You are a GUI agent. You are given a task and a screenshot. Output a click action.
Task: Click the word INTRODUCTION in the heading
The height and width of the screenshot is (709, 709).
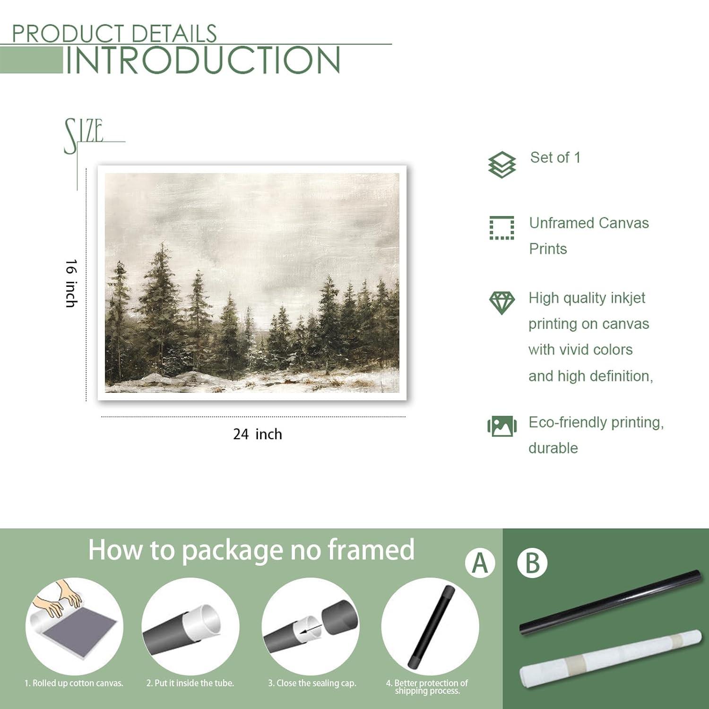click(x=202, y=60)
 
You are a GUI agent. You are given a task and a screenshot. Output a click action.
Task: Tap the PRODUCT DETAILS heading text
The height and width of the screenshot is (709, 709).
click(x=114, y=34)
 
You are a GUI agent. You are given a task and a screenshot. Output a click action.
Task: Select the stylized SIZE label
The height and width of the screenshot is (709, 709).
click(x=84, y=134)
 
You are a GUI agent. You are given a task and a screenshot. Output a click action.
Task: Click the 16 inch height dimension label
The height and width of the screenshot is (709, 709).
click(x=71, y=283)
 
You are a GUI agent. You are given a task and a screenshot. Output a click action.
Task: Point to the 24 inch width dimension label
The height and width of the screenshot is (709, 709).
click(x=257, y=434)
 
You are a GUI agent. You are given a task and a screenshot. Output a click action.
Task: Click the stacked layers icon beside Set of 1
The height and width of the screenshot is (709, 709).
click(x=501, y=165)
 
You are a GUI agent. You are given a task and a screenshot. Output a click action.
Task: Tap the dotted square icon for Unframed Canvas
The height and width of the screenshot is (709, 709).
click(x=501, y=228)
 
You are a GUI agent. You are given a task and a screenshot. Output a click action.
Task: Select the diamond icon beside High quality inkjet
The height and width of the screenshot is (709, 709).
click(x=501, y=303)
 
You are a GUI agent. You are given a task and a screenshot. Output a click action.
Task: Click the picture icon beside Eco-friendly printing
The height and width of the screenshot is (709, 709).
click(x=501, y=426)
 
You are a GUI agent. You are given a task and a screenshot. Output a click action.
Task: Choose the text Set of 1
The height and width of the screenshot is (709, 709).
click(x=555, y=157)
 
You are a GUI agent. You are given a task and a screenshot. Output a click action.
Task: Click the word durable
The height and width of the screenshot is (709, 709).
click(x=553, y=448)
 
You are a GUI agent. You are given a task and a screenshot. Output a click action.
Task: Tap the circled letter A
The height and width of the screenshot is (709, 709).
click(x=480, y=563)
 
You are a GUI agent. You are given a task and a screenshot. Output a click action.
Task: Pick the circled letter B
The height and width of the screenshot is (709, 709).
click(x=532, y=563)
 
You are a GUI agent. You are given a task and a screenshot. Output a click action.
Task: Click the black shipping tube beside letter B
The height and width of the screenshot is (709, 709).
click(x=610, y=603)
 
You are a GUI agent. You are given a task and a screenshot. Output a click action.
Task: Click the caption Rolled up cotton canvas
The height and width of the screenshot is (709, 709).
click(x=74, y=683)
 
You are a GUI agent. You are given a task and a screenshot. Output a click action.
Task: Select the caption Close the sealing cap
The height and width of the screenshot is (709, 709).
click(x=312, y=683)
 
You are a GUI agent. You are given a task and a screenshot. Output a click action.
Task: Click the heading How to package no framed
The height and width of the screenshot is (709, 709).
click(x=251, y=550)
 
